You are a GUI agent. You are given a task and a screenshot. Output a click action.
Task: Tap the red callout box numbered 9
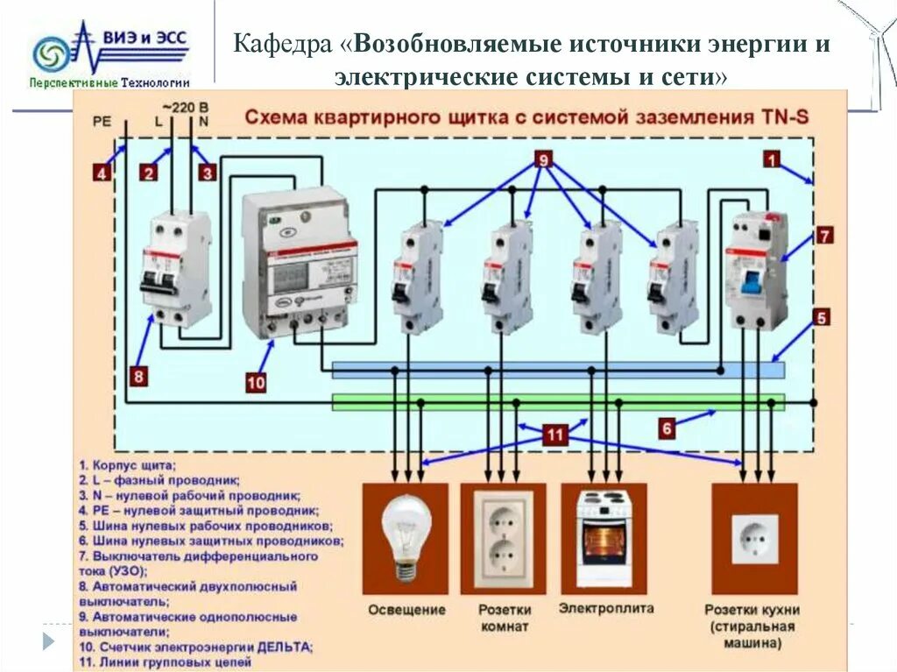pyautogui.click(x=543, y=159)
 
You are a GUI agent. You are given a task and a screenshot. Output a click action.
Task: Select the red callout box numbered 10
pyautogui.click(x=256, y=382)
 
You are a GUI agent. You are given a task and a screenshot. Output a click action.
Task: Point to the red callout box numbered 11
pyautogui.click(x=554, y=434)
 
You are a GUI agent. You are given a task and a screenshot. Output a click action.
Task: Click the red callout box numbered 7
pyautogui.click(x=825, y=235)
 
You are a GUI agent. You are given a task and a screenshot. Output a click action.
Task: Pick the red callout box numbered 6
pyautogui.click(x=667, y=428)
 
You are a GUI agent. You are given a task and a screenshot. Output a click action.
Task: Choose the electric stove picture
pyautogui.click(x=604, y=537)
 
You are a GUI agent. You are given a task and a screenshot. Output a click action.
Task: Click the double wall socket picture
pyautogui.click(x=503, y=537)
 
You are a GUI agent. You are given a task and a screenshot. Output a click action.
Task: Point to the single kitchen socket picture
pyautogui.click(x=754, y=537)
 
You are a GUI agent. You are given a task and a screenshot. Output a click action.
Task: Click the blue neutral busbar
pyautogui.click(x=558, y=370)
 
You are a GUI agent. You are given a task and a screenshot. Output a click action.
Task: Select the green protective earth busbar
pyautogui.click(x=558, y=401)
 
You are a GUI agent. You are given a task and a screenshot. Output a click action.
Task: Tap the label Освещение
pyautogui.click(x=406, y=610)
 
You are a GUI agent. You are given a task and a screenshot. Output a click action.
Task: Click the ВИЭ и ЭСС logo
pyautogui.click(x=109, y=54)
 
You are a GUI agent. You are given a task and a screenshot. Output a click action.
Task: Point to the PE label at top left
pyautogui.click(x=102, y=122)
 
